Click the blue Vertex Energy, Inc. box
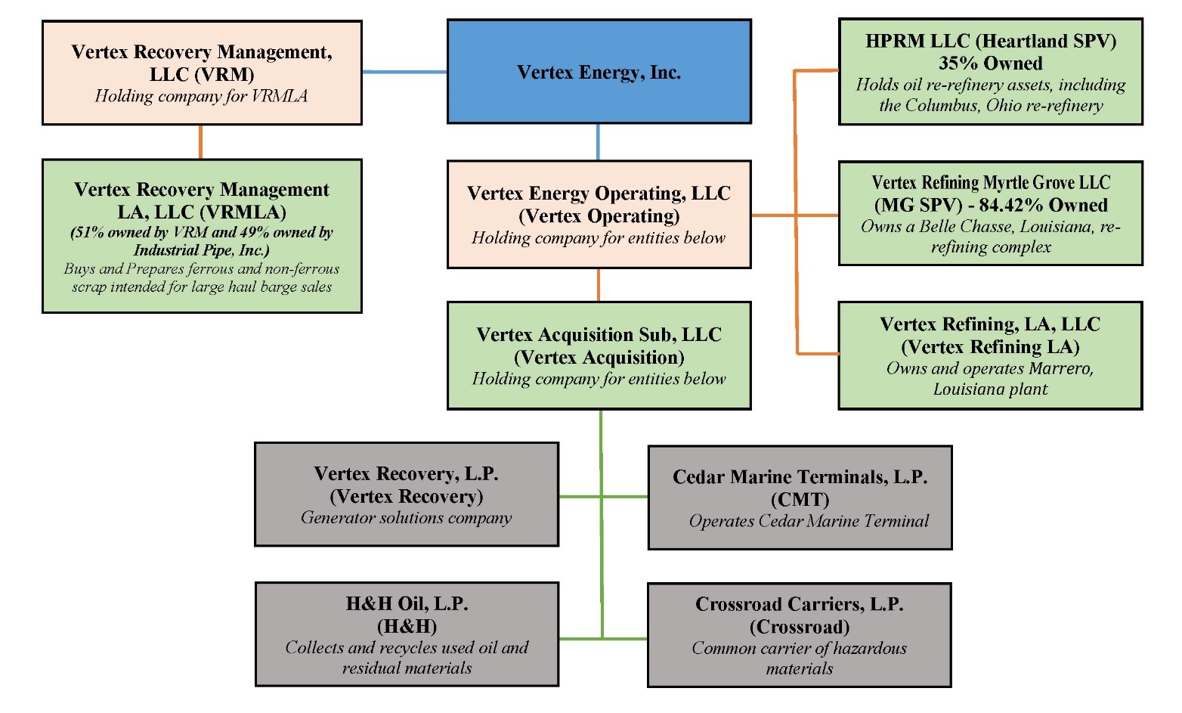(599, 72)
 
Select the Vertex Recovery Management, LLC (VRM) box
(202, 73)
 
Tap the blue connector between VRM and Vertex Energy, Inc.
(404, 72)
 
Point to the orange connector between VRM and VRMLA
(200, 142)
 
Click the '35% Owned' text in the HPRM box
(991, 64)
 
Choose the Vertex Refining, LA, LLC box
(990, 355)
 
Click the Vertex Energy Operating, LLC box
(599, 214)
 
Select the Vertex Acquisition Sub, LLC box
(599, 355)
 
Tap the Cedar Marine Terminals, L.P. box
(800, 498)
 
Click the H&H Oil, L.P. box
(407, 634)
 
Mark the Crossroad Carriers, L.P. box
(800, 635)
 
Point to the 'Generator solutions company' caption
(407, 518)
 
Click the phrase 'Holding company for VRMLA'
(201, 96)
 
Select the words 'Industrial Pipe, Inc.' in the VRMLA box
(201, 250)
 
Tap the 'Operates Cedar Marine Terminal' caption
(809, 521)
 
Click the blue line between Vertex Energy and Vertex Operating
(599, 142)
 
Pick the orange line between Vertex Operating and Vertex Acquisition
(599, 285)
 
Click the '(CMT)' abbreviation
(800, 500)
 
